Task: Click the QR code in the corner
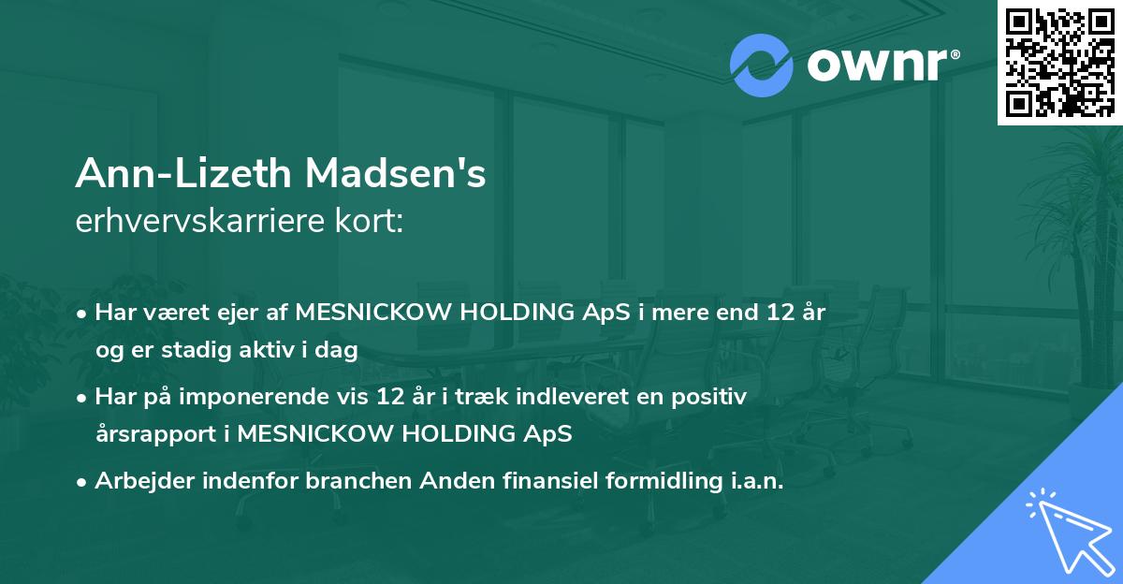pos(1059,62)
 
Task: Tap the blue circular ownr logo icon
pos(761,66)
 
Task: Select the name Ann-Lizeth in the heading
pos(183,173)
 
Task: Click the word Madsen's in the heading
pos(396,173)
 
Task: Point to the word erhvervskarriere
pos(200,221)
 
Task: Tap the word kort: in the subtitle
pos(369,221)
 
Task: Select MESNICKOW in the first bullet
pos(373,312)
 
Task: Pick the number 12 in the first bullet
pos(780,312)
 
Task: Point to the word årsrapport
pos(156,434)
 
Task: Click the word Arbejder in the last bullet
pos(144,481)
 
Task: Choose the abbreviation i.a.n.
pos(757,481)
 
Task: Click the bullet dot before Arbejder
pos(80,483)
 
